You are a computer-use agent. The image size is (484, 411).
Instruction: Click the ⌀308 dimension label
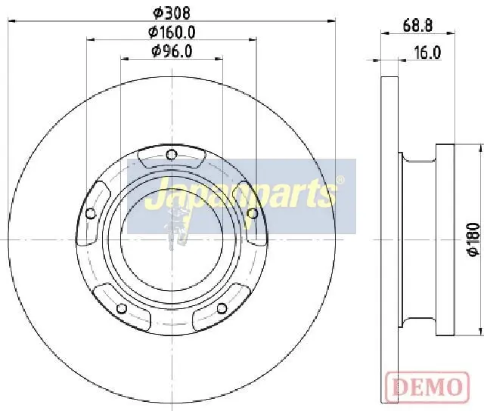[x=172, y=13]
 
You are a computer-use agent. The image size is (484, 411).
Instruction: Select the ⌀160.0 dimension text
[x=172, y=32]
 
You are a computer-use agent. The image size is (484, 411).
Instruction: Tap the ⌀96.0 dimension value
[x=172, y=51]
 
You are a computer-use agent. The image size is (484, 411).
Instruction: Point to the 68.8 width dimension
[x=417, y=25]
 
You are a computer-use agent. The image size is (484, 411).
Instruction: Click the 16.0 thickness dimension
[x=427, y=53]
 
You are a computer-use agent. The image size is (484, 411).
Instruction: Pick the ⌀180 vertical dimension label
[x=473, y=239]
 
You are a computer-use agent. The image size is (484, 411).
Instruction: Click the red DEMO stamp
[x=427, y=386]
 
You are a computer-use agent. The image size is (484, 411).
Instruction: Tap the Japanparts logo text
[x=240, y=193]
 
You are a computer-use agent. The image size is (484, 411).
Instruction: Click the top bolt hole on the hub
[x=172, y=155]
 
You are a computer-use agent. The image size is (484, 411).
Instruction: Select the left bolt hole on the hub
[x=90, y=213]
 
